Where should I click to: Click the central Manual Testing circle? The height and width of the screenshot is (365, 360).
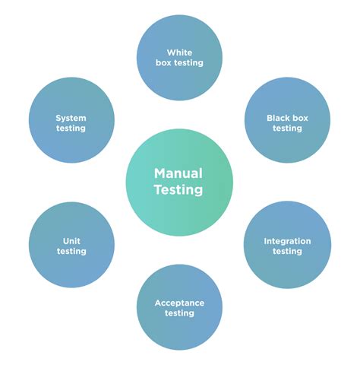click(x=179, y=182)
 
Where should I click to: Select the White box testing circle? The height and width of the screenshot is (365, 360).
click(x=179, y=58)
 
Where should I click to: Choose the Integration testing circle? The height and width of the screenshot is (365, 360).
click(x=287, y=244)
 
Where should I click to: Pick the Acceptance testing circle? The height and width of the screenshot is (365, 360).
click(x=179, y=306)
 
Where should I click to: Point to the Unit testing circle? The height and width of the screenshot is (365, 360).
click(x=71, y=244)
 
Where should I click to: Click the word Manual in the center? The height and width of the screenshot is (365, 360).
click(x=179, y=173)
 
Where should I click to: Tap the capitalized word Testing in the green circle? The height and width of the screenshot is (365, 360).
click(x=179, y=190)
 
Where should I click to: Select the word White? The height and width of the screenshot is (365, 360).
click(x=179, y=52)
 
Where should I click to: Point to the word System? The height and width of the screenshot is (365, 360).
click(x=71, y=118)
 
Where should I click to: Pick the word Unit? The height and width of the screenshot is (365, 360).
click(x=71, y=241)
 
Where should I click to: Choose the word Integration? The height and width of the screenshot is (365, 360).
click(x=287, y=241)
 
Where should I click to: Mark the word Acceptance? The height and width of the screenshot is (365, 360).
click(x=179, y=303)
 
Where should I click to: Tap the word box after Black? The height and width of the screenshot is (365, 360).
click(x=301, y=118)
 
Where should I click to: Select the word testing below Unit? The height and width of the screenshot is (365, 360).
click(x=71, y=252)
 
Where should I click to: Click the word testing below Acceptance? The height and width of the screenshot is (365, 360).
click(x=179, y=313)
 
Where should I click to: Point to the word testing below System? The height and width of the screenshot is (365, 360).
click(x=71, y=129)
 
